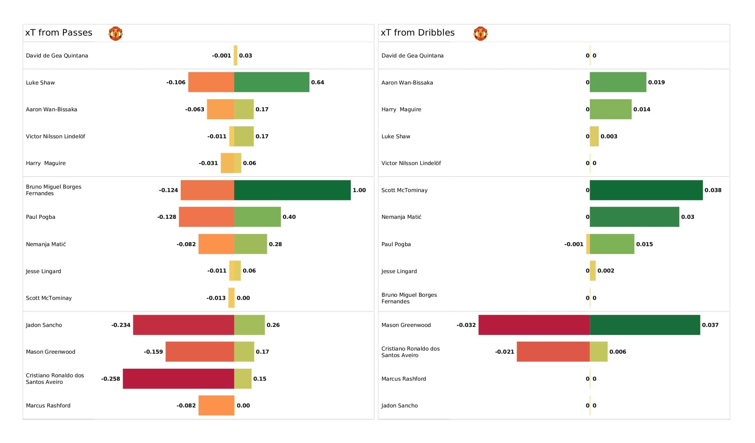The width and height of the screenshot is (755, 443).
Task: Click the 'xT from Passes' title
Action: (59, 33)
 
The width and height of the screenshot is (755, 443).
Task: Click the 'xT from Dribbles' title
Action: (418, 33)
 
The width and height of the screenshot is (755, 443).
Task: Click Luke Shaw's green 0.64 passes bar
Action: (271, 82)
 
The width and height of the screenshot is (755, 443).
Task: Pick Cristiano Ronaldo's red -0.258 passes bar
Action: (178, 379)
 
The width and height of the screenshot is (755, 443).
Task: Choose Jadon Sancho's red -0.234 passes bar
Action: (183, 325)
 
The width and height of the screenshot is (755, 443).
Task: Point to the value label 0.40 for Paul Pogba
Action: (289, 217)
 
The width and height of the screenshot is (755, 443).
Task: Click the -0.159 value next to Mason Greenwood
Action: (153, 352)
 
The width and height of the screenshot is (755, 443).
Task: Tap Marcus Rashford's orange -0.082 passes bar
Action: (216, 405)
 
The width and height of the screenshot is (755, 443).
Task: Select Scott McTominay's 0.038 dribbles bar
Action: (646, 190)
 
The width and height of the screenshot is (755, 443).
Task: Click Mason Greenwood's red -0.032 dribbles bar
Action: (534, 325)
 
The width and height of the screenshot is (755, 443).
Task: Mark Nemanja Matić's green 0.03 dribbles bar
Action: (634, 217)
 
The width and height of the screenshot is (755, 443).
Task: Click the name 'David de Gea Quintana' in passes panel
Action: (57, 56)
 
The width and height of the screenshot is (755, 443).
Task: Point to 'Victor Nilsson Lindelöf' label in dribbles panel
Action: (411, 163)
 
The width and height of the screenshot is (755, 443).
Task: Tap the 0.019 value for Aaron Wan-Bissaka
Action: (656, 82)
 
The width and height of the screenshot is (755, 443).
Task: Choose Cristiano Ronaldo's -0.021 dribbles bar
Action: (553, 352)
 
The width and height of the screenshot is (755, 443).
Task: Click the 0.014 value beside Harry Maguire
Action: (641, 109)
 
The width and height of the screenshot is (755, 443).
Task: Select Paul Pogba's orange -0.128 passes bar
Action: (206, 217)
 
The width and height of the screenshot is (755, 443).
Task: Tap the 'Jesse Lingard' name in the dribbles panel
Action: (399, 271)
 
